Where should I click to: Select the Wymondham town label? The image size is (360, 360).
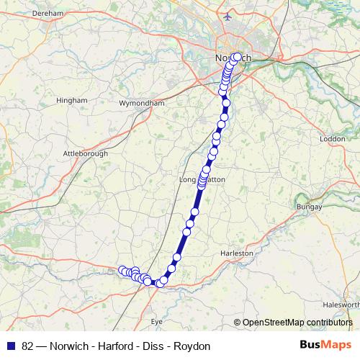(x=146, y=104)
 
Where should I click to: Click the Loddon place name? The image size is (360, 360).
(x=333, y=138)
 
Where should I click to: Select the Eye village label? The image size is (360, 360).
(x=156, y=322)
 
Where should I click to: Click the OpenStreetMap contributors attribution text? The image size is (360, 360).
(x=297, y=322)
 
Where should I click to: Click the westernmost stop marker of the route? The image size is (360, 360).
(x=121, y=270)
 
